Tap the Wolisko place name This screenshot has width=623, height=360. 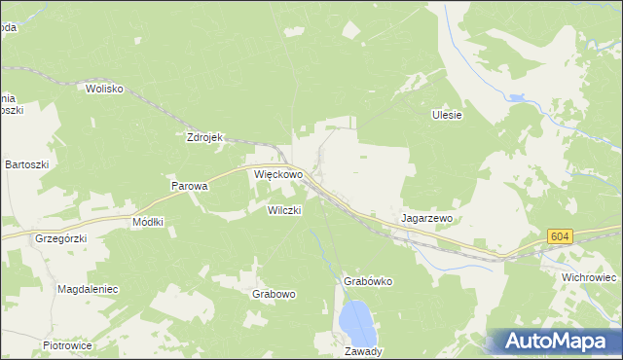104,89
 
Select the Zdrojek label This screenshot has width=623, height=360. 205,137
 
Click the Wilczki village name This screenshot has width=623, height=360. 285,209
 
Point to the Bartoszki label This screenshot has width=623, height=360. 26,165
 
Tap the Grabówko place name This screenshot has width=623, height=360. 367,281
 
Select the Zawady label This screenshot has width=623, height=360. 363,351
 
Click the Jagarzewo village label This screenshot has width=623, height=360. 428,219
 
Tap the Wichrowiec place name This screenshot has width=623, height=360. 589,277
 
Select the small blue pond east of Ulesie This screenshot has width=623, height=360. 516,98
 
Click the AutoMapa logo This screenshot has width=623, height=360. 554,341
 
